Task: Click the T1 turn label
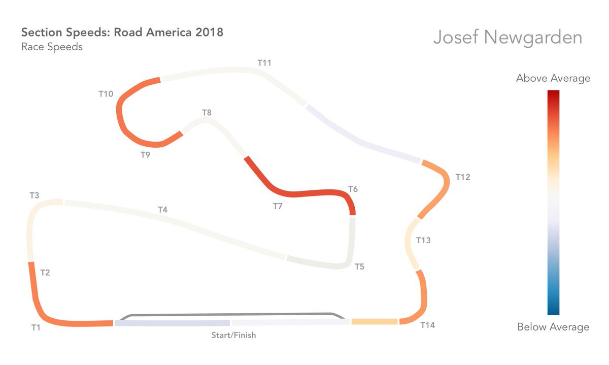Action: point(36,328)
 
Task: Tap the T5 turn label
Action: point(359,267)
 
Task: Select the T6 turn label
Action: point(353,189)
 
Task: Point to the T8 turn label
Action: point(207,113)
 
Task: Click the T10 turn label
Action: point(106,94)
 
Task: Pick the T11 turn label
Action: point(264,63)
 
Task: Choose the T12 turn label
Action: point(463,177)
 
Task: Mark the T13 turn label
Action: point(423,240)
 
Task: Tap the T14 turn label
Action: point(428,325)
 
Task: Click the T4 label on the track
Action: point(162,209)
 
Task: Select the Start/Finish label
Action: point(233,336)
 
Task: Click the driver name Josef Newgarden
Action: point(507,38)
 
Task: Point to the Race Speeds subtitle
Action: point(52,47)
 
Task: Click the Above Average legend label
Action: point(553,78)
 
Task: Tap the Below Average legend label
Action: point(553,327)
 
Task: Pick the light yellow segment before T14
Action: point(374,322)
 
